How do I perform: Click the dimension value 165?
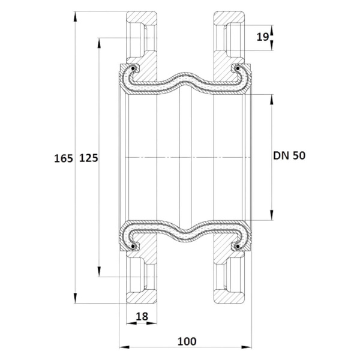tap(64, 158)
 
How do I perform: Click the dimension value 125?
tap(89, 158)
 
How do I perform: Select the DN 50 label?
tap(289, 155)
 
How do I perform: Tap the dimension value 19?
tap(263, 37)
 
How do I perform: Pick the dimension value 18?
tap(142, 316)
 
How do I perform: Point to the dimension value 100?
tap(187, 341)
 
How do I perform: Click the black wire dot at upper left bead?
tap(133, 68)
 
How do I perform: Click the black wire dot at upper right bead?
tap(238, 68)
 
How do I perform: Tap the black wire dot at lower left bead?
tap(133, 246)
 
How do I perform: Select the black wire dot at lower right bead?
tap(238, 246)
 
